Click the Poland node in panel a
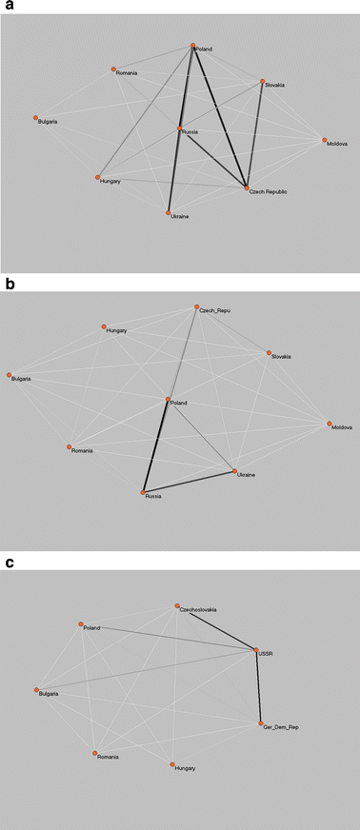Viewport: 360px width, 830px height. [192, 45]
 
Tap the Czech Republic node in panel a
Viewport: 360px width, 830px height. [247, 188]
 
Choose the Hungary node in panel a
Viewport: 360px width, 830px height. [98, 176]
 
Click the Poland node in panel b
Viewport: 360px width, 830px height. [168, 400]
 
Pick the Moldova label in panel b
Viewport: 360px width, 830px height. [344, 428]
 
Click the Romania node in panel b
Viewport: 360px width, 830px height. [69, 445]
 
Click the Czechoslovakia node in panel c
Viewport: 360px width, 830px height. [177, 605]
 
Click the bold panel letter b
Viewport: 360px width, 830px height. [9, 284]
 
